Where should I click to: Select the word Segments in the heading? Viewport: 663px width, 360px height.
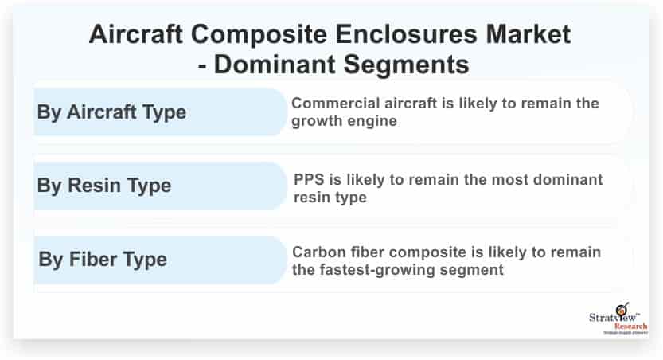coord(406,65)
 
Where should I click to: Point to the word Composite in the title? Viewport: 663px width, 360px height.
coord(259,35)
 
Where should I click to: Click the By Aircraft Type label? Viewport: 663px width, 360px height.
coord(111,112)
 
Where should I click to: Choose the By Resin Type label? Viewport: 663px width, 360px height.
coord(104,186)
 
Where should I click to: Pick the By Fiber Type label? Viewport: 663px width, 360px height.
coord(103,260)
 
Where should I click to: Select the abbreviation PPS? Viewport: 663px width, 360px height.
coord(309,180)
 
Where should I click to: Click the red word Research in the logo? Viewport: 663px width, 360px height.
coord(630,327)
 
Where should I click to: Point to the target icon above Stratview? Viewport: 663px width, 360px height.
coord(622,309)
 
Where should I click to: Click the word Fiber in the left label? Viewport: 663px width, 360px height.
coord(93,259)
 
